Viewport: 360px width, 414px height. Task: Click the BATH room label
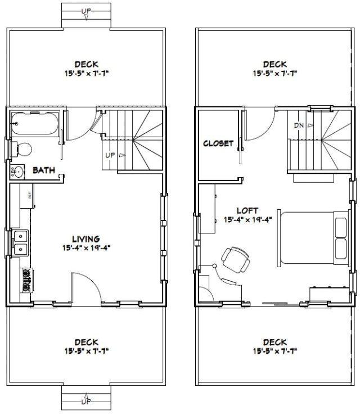(43, 169)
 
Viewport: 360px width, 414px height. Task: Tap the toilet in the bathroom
(22, 150)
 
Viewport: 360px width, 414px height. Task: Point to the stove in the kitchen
(26, 280)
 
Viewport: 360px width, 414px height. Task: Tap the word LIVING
(85, 238)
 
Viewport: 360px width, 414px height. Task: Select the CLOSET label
(218, 143)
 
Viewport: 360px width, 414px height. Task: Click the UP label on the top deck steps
(85, 11)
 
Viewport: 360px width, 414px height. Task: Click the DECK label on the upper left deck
(85, 64)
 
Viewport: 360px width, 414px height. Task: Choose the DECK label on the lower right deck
(275, 341)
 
